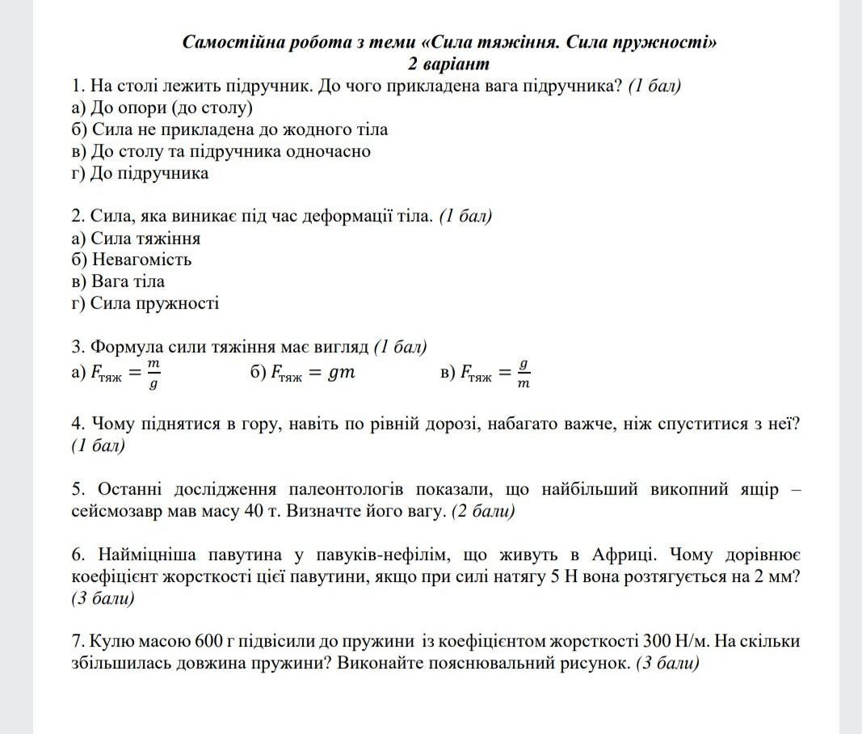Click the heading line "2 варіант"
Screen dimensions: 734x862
coord(449,64)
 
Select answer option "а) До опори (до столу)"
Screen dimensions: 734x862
coord(162,108)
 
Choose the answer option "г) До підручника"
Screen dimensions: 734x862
coord(140,173)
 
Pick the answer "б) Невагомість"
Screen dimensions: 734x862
coord(131,259)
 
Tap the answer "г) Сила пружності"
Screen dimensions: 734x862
coord(145,303)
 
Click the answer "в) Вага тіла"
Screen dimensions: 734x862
coord(118,281)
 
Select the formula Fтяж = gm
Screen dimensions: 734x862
coord(303,373)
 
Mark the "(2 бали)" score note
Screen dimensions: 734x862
coord(483,511)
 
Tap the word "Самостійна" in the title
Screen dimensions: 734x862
coord(225,43)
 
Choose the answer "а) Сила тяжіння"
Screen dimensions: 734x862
coord(136,238)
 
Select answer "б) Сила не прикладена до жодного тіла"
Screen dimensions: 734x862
coord(229,129)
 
